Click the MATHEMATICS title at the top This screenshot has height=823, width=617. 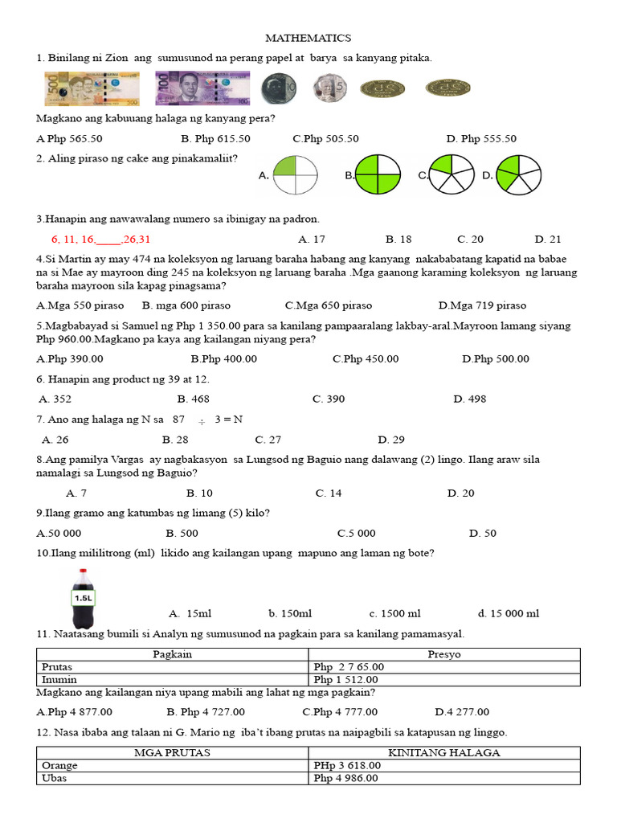tap(308, 38)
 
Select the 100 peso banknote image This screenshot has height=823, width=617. tap(202, 88)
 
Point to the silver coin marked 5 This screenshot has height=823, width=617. tap(329, 88)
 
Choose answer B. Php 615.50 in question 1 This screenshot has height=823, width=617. tap(215, 138)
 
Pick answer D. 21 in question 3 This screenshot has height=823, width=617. tap(548, 239)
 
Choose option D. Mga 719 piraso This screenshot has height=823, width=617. tap(482, 305)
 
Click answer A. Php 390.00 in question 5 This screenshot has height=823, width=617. tap(70, 358)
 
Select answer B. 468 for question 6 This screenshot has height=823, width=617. tap(193, 399)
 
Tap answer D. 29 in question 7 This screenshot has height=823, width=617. tap(391, 439)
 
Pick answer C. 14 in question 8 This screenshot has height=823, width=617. tap(329, 493)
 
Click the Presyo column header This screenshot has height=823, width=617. tap(443, 654)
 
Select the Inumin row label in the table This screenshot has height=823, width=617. tap(59, 679)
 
